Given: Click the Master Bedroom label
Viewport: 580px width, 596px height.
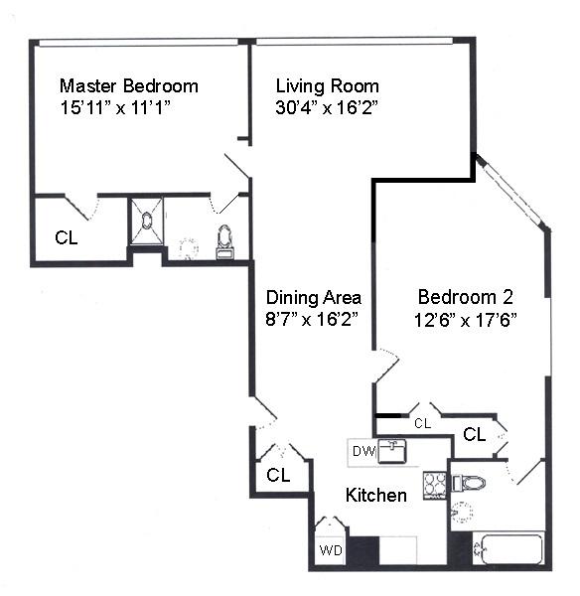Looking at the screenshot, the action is coord(129,85).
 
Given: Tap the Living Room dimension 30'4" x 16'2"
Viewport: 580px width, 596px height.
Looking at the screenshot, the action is coord(327,107).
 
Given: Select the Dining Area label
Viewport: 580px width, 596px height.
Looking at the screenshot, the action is coord(314,297).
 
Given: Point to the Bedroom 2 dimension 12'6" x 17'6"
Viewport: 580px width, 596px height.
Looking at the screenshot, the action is coord(466,320).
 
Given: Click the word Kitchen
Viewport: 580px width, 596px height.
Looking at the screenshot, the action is coord(376,495).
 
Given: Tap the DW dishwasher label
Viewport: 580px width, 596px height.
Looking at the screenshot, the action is coord(363,451).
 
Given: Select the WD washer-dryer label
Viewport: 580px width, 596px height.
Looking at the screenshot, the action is coord(331,550).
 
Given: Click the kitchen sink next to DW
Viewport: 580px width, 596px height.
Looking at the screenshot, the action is coord(392,452).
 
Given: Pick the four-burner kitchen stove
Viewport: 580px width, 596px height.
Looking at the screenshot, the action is coord(435,486).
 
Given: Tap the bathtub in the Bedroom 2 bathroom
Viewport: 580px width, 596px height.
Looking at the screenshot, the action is coord(508,549).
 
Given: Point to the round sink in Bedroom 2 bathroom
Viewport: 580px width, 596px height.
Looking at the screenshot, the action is coord(462,513).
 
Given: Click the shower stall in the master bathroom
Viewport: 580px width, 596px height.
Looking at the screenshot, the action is coord(147,221).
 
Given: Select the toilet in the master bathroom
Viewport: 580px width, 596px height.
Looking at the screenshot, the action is coord(224,242).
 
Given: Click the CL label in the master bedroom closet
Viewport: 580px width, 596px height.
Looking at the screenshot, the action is coord(67,238).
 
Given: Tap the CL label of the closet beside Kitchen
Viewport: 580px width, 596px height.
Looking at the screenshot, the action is coord(278,475).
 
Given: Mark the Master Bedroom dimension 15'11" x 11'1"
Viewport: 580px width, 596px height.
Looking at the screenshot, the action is coord(115,107).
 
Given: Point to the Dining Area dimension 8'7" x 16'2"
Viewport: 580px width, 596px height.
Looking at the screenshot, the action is coord(312,319).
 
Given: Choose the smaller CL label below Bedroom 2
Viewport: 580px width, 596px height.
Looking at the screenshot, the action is coord(423,423).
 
